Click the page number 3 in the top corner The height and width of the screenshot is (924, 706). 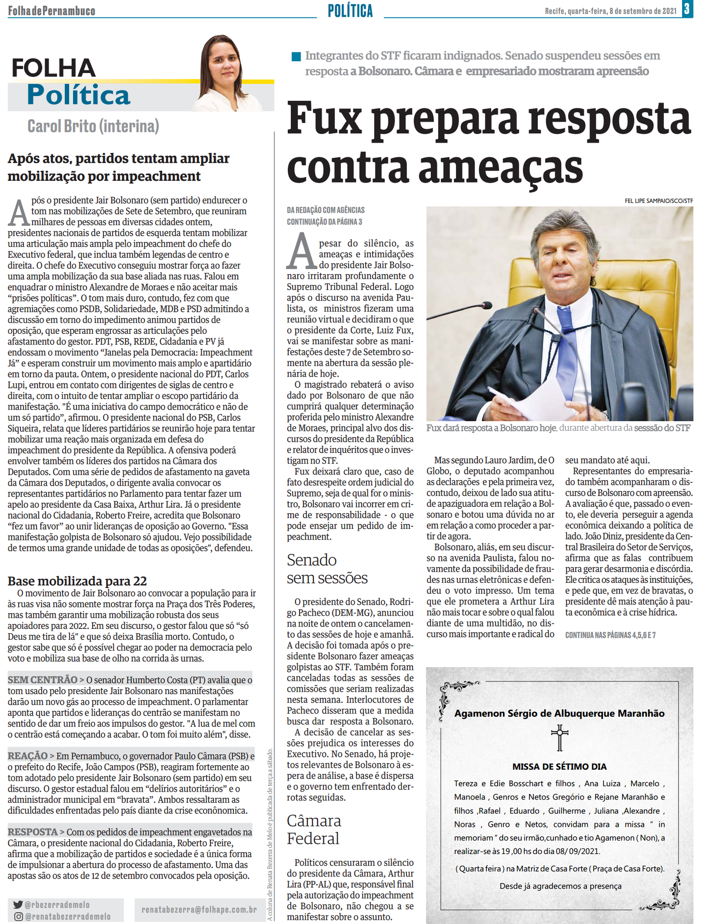click(x=687, y=9)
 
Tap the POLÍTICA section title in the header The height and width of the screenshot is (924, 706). click(x=350, y=11)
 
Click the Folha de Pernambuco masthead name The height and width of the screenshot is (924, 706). click(x=51, y=11)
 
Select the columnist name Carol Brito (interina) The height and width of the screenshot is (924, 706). click(x=93, y=126)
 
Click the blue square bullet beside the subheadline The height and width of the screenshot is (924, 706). click(x=296, y=57)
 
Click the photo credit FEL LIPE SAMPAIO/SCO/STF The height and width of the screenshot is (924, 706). click(x=658, y=201)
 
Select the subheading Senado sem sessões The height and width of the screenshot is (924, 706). click(x=327, y=569)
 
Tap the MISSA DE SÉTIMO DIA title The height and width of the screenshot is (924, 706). click(x=559, y=767)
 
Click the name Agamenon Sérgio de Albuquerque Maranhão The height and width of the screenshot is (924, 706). click(x=559, y=714)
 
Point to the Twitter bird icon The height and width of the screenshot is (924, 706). click(x=18, y=904)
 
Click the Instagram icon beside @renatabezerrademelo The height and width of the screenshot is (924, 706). click(x=18, y=916)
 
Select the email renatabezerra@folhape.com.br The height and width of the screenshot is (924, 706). click(x=199, y=910)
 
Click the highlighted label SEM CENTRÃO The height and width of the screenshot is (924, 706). click(x=42, y=680)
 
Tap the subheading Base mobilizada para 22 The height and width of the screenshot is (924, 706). click(x=77, y=581)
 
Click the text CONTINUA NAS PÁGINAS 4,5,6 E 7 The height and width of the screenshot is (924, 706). click(x=610, y=635)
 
